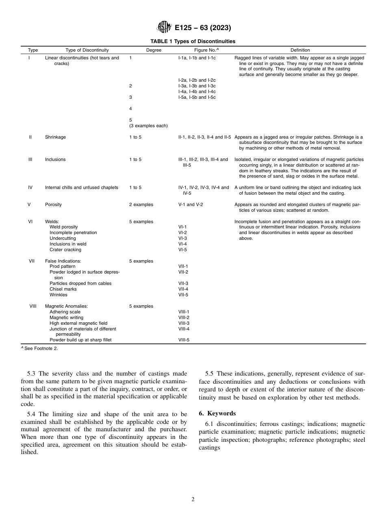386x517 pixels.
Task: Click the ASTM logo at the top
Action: [165, 28]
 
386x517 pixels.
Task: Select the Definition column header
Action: [300, 50]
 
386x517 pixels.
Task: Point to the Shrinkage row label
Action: [55, 137]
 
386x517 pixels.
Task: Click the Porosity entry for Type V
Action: [53, 205]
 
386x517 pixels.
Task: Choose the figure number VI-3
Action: [182, 239]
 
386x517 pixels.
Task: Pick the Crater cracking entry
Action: [65, 250]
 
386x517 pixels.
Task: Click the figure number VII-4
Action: [183, 289]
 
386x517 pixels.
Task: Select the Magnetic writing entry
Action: [66, 317]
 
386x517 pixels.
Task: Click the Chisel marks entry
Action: [63, 289]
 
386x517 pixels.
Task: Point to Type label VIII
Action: [33, 306]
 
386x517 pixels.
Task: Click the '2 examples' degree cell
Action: [141, 205]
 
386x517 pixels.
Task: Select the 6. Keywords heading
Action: [217, 413]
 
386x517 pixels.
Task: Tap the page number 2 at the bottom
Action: [193, 500]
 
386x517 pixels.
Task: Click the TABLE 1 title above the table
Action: [193, 41]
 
